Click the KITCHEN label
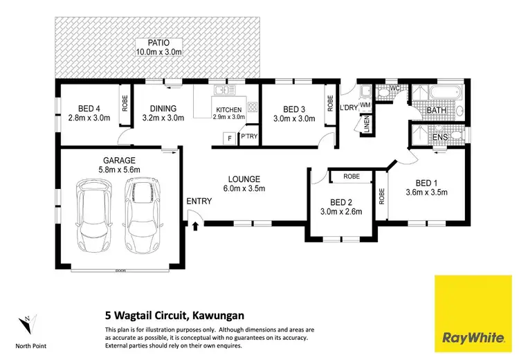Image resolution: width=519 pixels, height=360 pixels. (x=228, y=109)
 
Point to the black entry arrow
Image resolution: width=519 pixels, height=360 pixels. (x=195, y=226)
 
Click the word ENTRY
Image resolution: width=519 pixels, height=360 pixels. (x=199, y=201)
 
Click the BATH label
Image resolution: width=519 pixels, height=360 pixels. (x=436, y=110)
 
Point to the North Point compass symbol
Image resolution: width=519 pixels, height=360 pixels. (x=25, y=323)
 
